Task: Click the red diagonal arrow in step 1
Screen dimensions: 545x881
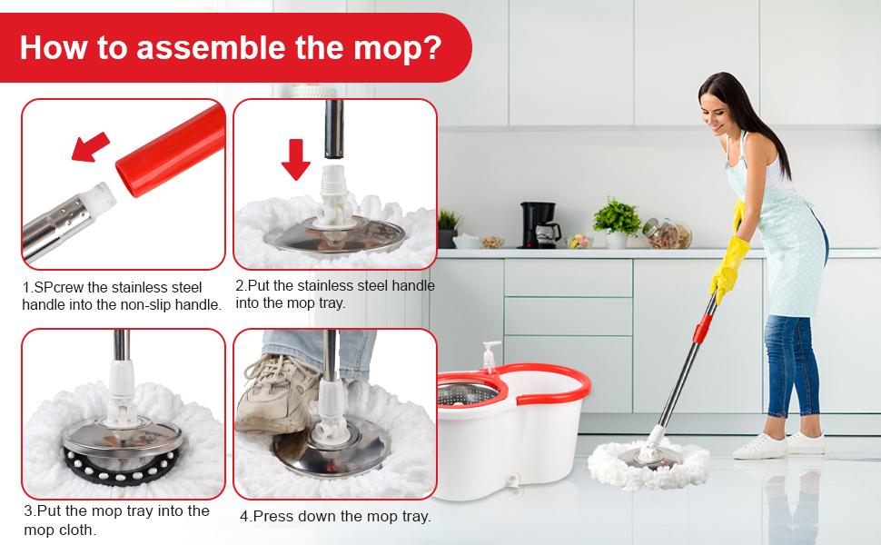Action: pyautogui.click(x=91, y=146)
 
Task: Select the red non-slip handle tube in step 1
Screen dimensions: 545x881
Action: pyautogui.click(x=173, y=149)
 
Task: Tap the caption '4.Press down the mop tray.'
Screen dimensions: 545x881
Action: pyautogui.click(x=335, y=516)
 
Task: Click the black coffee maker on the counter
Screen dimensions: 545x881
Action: pyautogui.click(x=539, y=224)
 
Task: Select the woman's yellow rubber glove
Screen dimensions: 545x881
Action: pyautogui.click(x=729, y=263)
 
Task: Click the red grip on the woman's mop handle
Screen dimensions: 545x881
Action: pyautogui.click(x=702, y=328)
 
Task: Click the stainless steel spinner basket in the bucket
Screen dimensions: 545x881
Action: pyautogui.click(x=467, y=393)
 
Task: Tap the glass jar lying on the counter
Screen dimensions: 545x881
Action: pyautogui.click(x=667, y=233)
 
